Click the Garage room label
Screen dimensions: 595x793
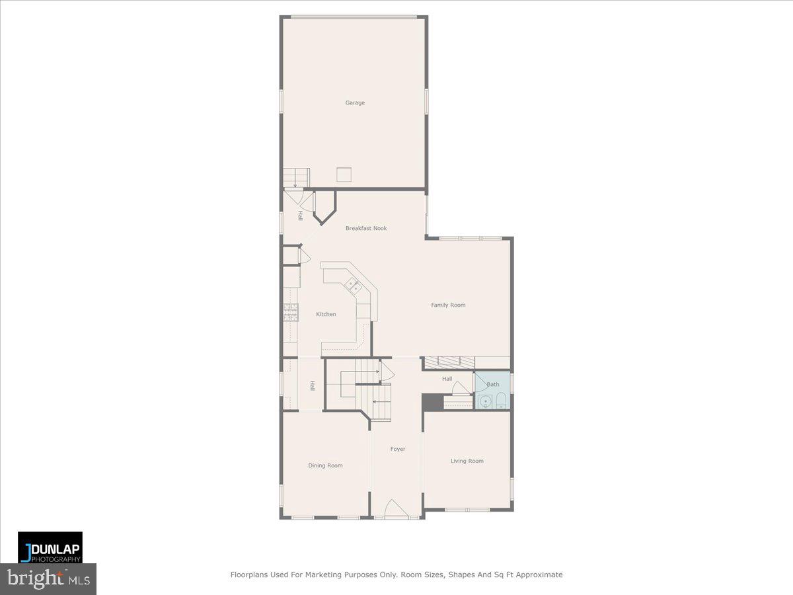point(355,102)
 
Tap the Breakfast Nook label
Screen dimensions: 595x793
point(366,228)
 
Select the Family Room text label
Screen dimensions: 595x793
point(448,305)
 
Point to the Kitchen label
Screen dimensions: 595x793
point(326,314)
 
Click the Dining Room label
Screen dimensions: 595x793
point(325,465)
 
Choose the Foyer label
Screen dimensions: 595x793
point(397,449)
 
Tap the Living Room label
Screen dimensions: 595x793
point(467,461)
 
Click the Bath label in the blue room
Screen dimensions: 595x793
point(493,384)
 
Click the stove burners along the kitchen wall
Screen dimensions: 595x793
point(291,311)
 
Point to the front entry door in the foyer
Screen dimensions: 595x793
point(395,508)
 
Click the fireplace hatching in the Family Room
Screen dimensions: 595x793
point(449,362)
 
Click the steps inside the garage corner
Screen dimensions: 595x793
point(296,177)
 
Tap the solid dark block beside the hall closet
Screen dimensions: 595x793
point(432,401)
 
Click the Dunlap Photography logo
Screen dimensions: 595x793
point(50,547)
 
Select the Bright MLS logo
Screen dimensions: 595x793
point(48,579)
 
